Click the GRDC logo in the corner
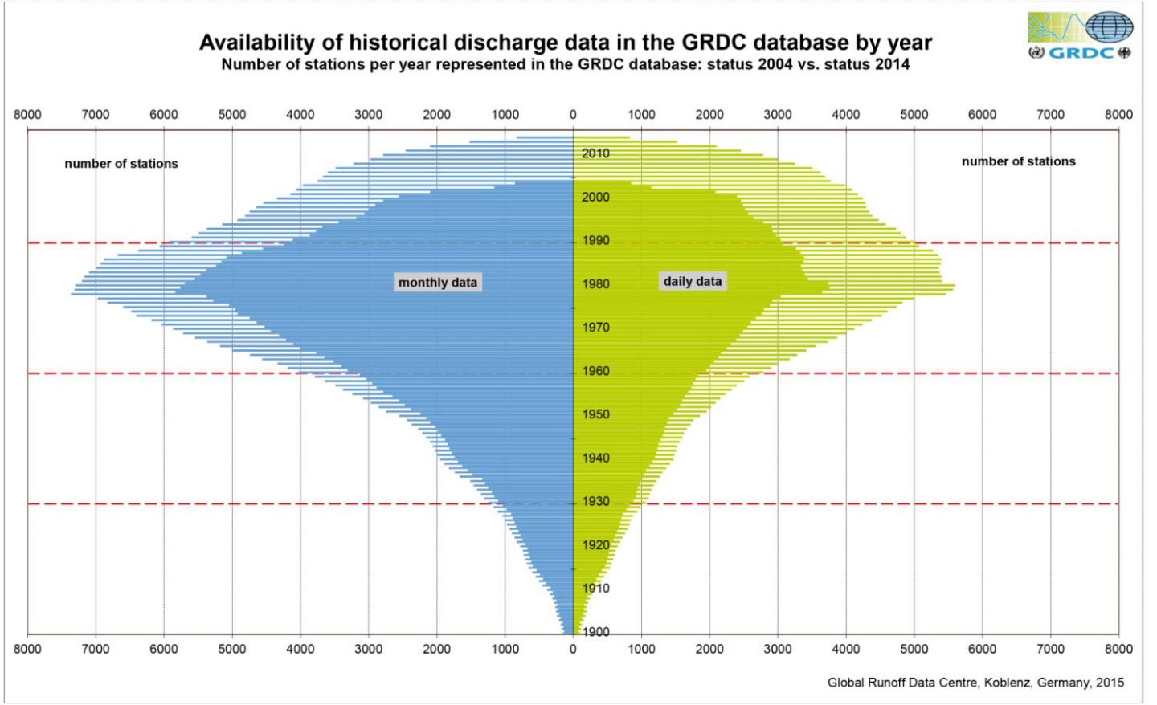pos(1081,36)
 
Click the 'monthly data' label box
pos(438,283)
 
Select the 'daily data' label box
pos(693,281)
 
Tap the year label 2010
pos(595,153)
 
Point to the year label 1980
pos(595,284)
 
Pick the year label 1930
pos(595,502)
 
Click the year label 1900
pos(595,632)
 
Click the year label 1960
pos(595,372)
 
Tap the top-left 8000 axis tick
pos(27,115)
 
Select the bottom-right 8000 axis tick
pos(1118,649)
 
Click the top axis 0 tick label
pos(573,115)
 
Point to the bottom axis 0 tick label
pos(573,649)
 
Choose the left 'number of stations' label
pos(121,164)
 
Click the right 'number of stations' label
pos(1018,161)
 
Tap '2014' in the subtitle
pos(893,64)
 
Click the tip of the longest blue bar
pos(72,294)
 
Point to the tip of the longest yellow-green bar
pos(955,285)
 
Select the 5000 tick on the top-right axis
pos(914,115)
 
